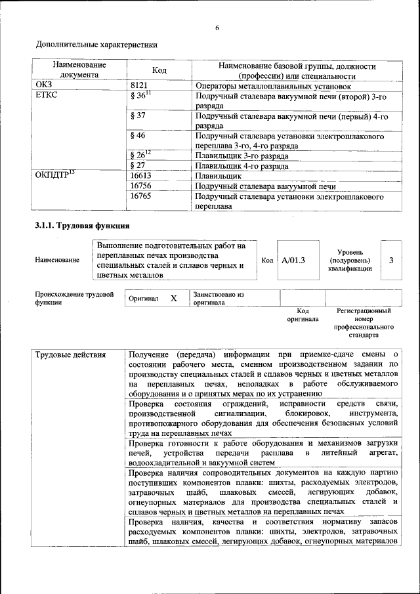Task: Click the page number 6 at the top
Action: pyautogui.click(x=217, y=27)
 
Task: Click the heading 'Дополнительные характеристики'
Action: pyautogui.click(x=96, y=45)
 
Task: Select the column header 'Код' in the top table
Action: pyautogui.click(x=159, y=70)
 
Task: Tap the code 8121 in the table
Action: pyautogui.click(x=140, y=85)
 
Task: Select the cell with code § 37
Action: pyautogui.click(x=138, y=116)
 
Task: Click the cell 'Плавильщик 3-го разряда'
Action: pyautogui.click(x=241, y=156)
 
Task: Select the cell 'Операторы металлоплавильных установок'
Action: pyautogui.click(x=273, y=86)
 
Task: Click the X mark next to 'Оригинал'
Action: pyautogui.click(x=174, y=298)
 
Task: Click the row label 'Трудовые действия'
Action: pyautogui.click(x=70, y=355)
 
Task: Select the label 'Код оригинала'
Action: pyautogui.click(x=303, y=314)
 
